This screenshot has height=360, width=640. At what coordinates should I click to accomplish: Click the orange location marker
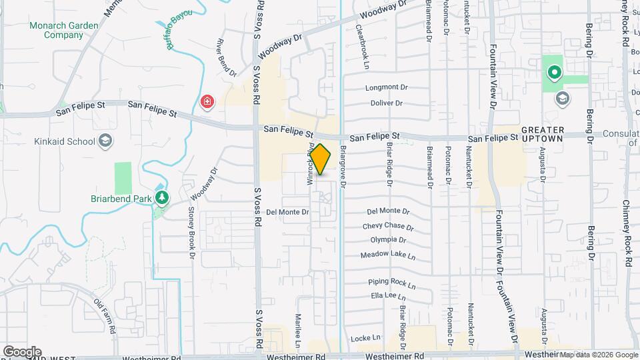[x=321, y=159]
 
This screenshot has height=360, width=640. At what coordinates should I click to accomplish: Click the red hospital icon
[x=207, y=102]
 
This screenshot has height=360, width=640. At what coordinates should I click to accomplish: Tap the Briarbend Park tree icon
[x=161, y=198]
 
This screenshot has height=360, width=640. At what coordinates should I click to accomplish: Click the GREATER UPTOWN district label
[x=543, y=133]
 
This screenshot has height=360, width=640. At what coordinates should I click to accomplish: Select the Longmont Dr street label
[x=386, y=87]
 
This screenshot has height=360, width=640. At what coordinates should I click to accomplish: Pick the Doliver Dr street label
[x=387, y=103]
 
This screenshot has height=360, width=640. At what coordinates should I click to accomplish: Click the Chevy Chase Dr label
[x=384, y=226]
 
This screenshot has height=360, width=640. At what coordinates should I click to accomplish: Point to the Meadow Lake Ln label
[x=388, y=255]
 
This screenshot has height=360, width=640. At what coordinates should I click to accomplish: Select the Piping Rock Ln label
[x=392, y=284]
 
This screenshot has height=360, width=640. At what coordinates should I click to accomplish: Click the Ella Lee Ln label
[x=388, y=296]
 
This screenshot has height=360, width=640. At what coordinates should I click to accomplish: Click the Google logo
[x=22, y=352]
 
